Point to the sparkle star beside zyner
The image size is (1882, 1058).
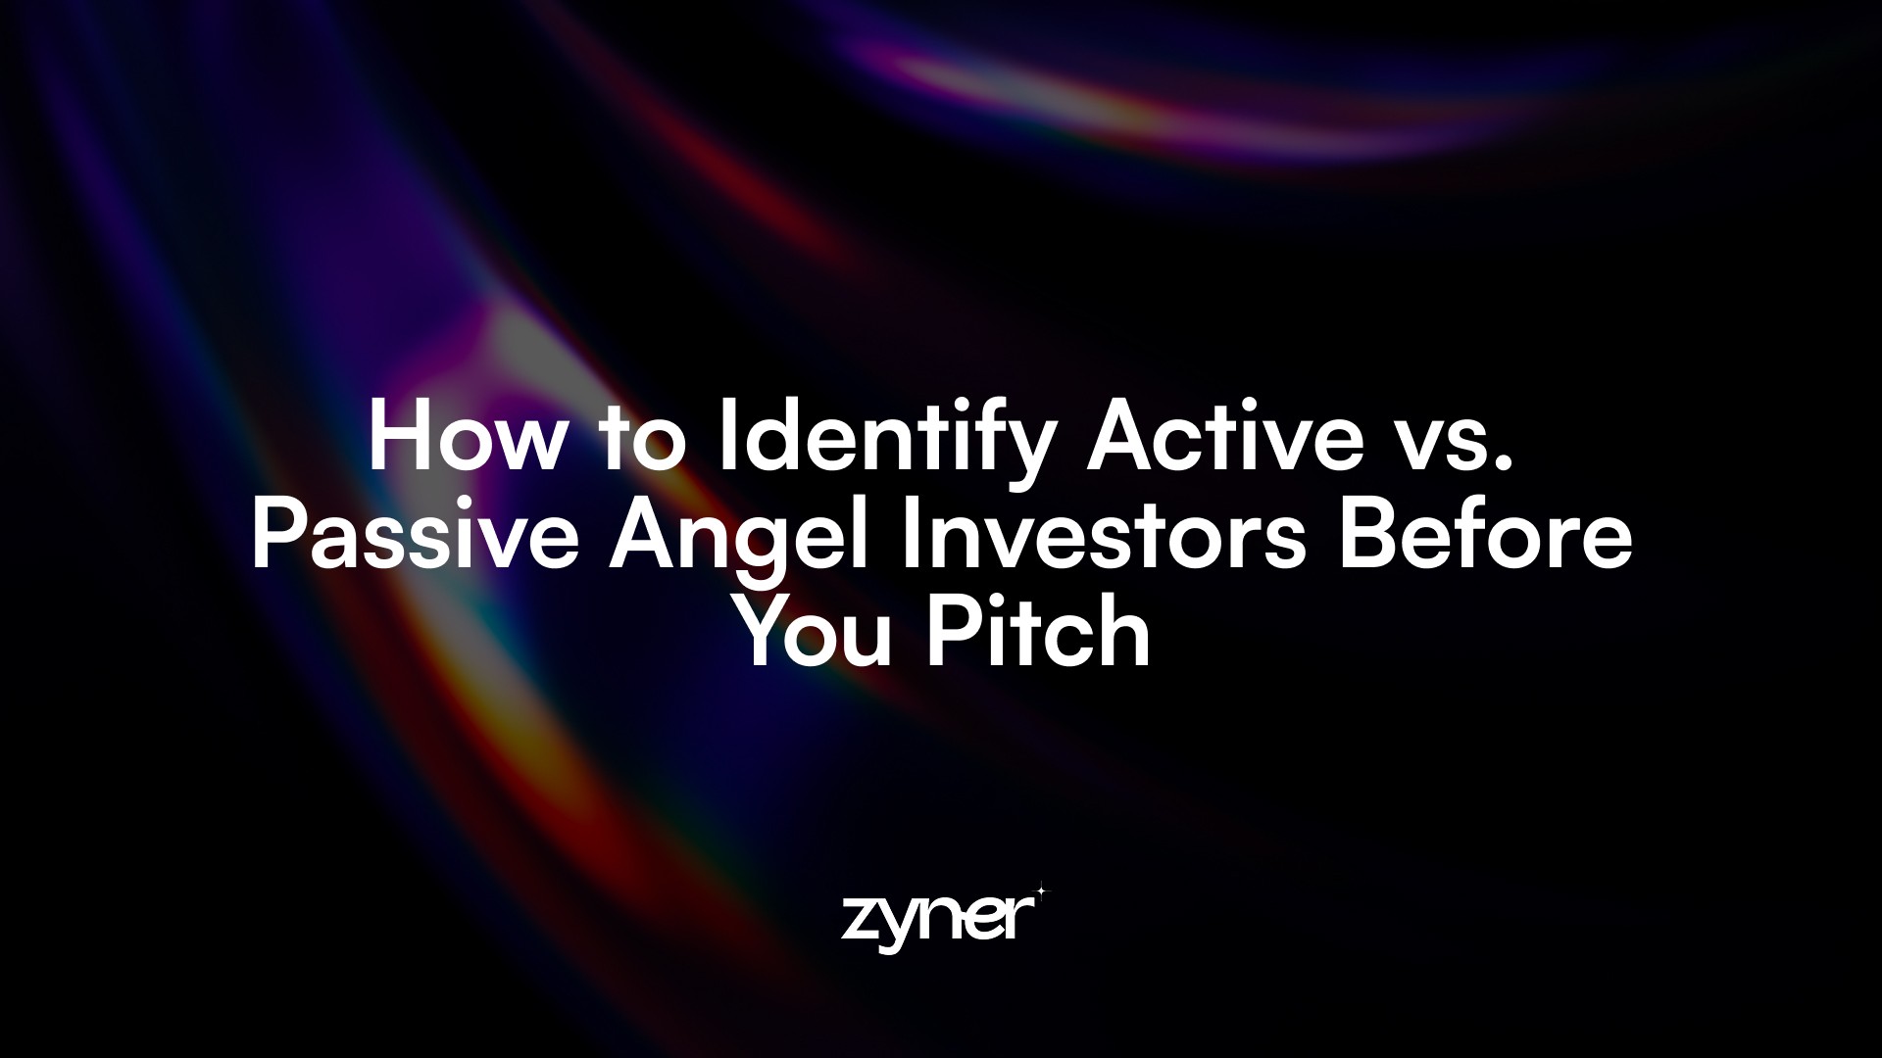click(x=1040, y=891)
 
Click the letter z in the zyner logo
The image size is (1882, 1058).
click(x=859, y=920)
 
